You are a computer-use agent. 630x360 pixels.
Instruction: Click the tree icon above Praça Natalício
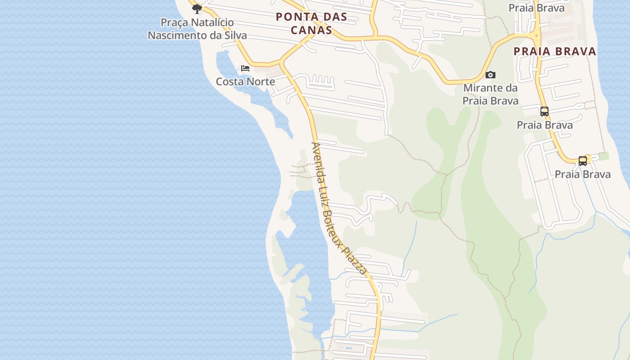197,9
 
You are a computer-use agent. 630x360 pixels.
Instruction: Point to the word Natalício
212,22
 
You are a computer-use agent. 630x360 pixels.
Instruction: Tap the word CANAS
311,30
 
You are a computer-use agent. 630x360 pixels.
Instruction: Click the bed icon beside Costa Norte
245,68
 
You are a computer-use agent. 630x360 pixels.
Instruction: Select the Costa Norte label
245,81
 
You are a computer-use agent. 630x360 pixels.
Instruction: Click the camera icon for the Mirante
490,75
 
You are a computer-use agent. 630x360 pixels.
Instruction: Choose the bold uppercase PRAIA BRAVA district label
555,51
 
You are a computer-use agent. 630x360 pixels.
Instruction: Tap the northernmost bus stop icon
544,111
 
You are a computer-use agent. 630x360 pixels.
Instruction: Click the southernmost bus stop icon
583,161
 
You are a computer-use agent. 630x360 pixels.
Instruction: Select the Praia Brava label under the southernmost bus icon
583,174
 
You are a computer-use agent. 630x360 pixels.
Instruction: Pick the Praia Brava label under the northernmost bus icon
544,125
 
